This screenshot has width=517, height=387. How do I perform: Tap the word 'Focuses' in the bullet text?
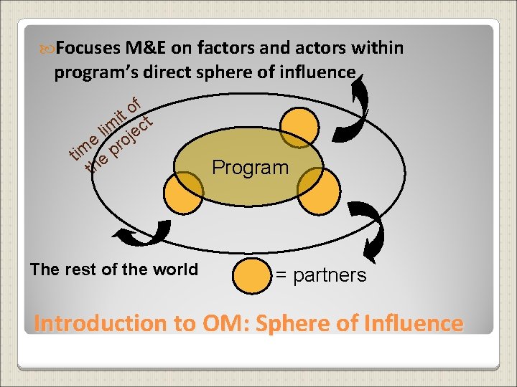coord(88,48)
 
